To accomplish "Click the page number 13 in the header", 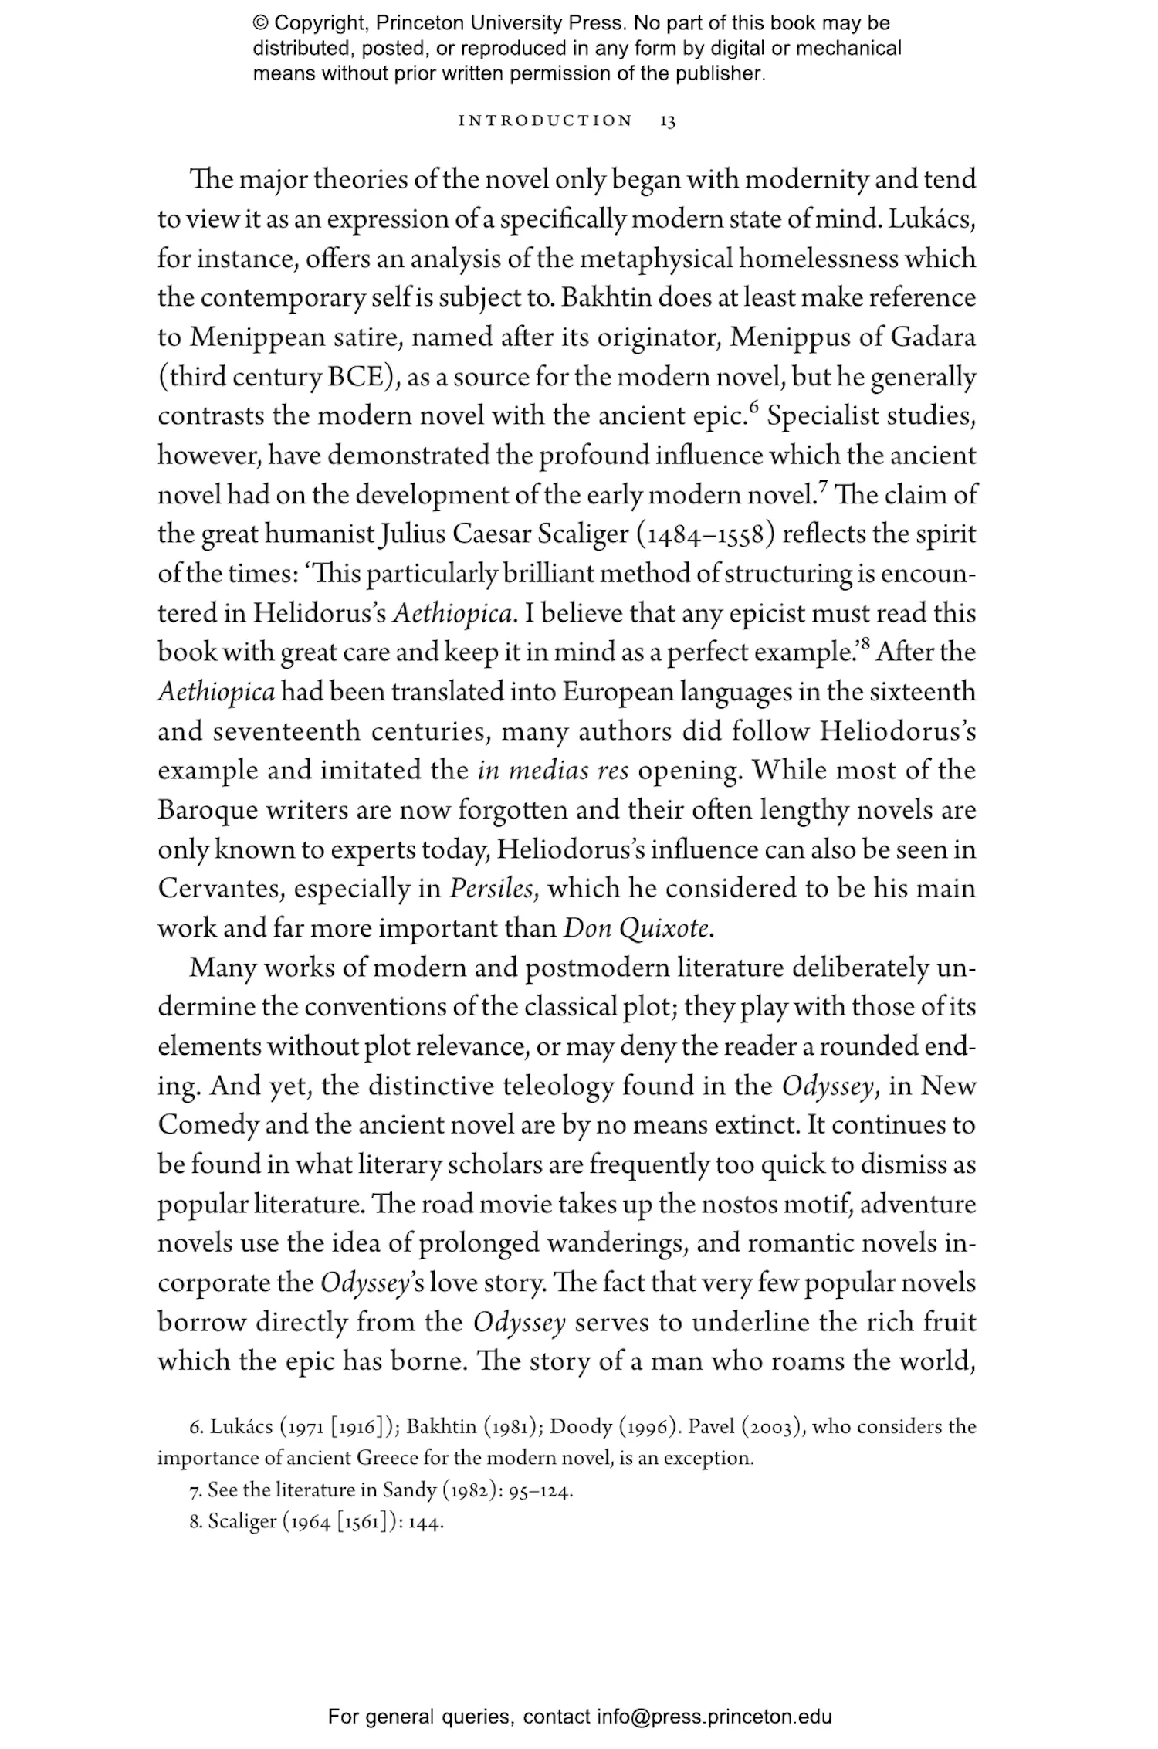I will tap(668, 121).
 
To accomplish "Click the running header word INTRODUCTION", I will tap(545, 121).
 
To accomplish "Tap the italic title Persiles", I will tap(493, 889).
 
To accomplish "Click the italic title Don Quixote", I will tap(637, 928).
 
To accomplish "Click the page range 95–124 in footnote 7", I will tap(540, 1490).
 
